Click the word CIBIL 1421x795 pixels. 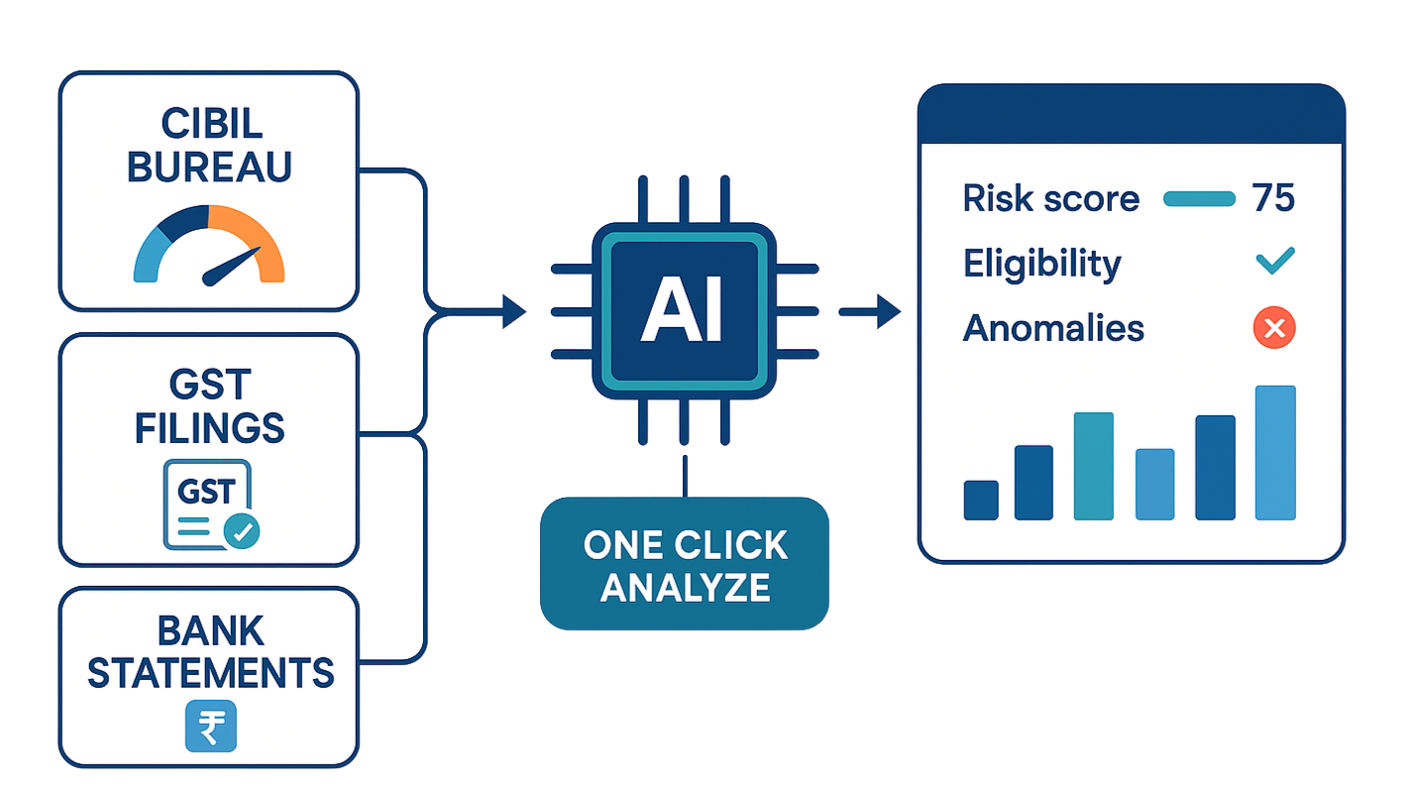(209, 124)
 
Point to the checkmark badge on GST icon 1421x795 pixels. (243, 531)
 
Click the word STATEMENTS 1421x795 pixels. (210, 674)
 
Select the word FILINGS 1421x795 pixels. (210, 428)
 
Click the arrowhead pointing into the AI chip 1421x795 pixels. (515, 312)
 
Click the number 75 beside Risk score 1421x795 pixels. (1273, 198)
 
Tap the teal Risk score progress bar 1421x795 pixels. (1199, 199)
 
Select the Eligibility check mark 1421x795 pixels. (1274, 263)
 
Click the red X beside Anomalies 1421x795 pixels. (1274, 328)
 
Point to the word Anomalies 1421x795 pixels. (1053, 328)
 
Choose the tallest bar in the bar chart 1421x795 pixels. (1275, 452)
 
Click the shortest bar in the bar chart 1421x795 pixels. (981, 500)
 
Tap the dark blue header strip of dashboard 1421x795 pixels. (1131, 115)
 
